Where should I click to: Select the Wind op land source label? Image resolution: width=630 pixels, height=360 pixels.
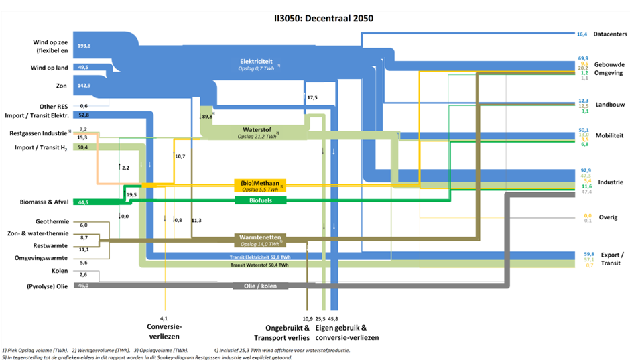[x=49, y=68]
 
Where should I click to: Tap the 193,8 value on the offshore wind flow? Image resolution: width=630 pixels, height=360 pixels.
[x=84, y=45]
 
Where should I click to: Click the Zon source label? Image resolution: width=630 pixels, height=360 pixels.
[x=60, y=86]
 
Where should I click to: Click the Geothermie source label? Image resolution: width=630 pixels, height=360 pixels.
[x=50, y=221]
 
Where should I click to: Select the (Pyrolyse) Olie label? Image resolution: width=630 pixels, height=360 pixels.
[x=44, y=286]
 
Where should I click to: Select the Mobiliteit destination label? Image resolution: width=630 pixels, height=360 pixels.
[x=610, y=135]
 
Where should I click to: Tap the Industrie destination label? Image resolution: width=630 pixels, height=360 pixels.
[x=609, y=182]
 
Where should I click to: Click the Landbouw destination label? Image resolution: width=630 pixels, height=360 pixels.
[x=609, y=104]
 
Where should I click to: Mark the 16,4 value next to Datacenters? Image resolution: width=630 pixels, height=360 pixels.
[x=582, y=34]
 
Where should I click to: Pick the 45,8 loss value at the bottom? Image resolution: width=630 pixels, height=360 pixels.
[x=332, y=319]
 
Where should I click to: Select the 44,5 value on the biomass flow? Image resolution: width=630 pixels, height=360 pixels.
[x=83, y=202]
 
